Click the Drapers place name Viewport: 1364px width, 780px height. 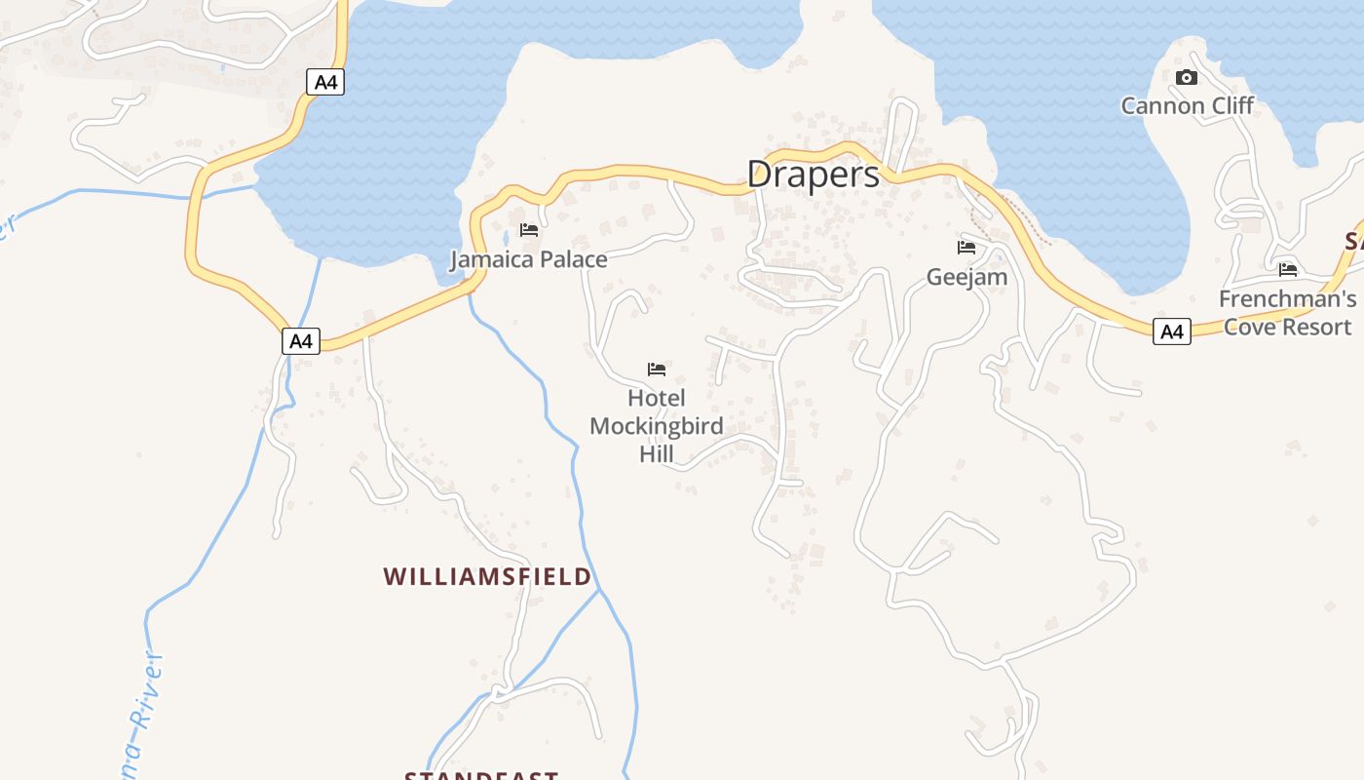click(814, 175)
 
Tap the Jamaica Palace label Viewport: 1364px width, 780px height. click(528, 259)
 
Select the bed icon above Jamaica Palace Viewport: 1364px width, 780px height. click(529, 230)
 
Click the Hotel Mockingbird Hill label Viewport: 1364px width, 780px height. click(657, 426)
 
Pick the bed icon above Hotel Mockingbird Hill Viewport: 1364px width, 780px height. click(657, 369)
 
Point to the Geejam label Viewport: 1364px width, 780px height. click(966, 277)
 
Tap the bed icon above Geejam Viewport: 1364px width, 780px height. click(966, 248)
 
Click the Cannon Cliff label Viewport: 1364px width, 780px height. click(1187, 105)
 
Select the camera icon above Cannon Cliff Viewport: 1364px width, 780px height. click(1186, 78)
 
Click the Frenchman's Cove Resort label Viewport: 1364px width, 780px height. click(1287, 312)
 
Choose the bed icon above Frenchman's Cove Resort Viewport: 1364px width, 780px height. click(1288, 269)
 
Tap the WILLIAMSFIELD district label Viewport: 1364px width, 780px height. click(487, 576)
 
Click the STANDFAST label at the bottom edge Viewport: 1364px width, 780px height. click(481, 775)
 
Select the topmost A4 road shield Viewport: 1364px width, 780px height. click(326, 82)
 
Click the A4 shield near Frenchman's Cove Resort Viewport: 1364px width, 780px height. click(1172, 331)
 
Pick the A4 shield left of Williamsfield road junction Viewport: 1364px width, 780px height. click(301, 341)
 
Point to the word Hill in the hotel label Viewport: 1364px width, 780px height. click(657, 454)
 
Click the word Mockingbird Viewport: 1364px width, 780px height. click(657, 426)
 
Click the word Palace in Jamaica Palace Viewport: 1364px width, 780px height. click(572, 259)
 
